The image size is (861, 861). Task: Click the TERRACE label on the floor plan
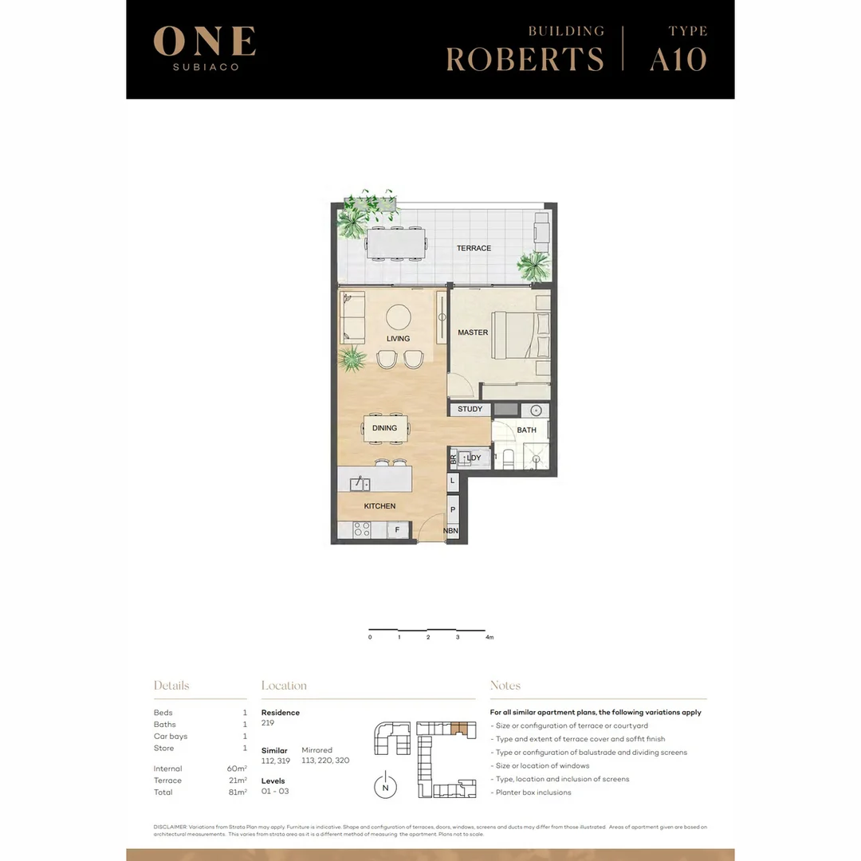474,248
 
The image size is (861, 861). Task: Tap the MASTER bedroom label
473,332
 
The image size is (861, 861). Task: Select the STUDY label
470,410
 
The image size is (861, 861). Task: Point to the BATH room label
527,431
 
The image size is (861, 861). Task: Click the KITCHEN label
379,506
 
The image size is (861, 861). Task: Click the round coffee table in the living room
399,318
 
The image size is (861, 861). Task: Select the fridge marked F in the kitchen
397,529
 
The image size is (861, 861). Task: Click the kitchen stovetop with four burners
361,529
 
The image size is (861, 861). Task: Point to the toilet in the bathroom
508,458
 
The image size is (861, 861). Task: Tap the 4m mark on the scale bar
489,638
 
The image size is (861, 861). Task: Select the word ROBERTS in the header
525,60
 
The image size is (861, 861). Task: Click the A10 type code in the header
678,60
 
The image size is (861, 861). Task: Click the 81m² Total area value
237,792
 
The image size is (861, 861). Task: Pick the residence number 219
268,724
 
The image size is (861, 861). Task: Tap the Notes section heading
505,686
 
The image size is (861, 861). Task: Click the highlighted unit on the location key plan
456,727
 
